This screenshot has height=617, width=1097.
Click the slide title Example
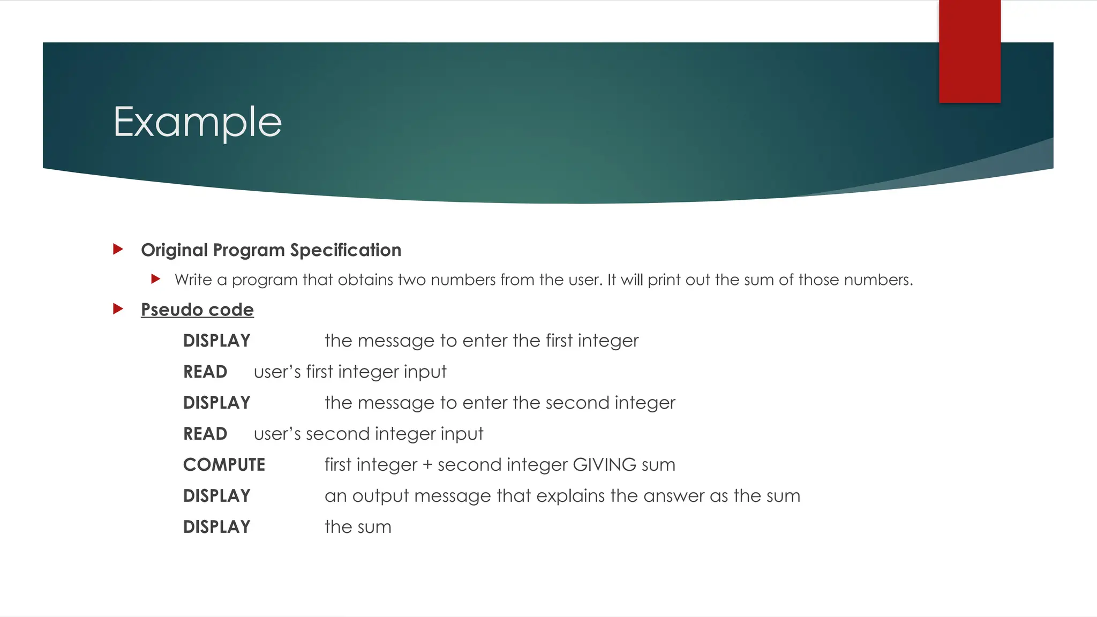click(x=197, y=122)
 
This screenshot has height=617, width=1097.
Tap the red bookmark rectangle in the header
click(x=970, y=51)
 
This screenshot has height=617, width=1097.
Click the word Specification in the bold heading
click(x=345, y=250)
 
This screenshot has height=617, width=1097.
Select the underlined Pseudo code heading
click(x=197, y=310)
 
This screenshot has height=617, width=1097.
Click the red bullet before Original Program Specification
click(x=118, y=249)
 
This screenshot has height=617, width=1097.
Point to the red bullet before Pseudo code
click(x=118, y=309)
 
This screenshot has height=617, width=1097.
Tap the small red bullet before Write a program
click(x=156, y=279)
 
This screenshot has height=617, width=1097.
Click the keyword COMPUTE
click(x=224, y=464)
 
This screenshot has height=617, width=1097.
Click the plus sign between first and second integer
click(x=427, y=465)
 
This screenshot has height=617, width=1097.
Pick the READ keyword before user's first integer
click(x=205, y=372)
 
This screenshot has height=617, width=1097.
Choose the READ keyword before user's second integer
click(x=205, y=434)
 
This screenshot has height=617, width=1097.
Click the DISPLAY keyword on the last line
click(x=216, y=527)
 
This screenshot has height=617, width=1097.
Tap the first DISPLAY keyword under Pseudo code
click(x=216, y=341)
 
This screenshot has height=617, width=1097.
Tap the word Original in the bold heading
click(x=174, y=250)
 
